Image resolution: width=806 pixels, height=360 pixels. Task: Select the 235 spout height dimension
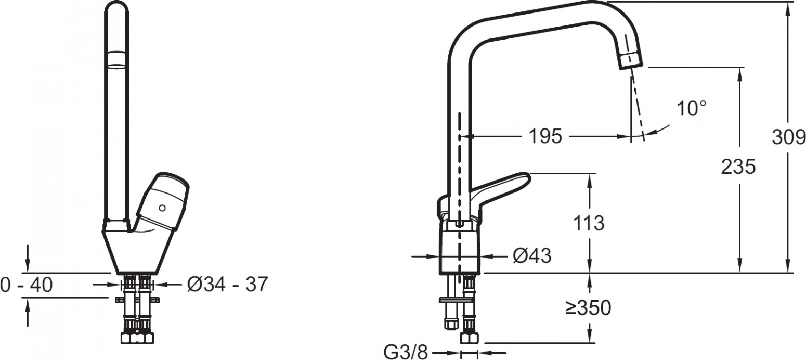738,167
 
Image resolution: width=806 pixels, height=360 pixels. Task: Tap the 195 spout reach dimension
545,136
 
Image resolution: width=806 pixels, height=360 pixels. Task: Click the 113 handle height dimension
589,223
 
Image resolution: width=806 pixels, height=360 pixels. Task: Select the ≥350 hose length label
588,308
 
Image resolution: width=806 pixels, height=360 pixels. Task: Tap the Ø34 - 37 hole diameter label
227,285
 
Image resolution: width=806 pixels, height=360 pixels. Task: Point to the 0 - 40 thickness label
27,285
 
